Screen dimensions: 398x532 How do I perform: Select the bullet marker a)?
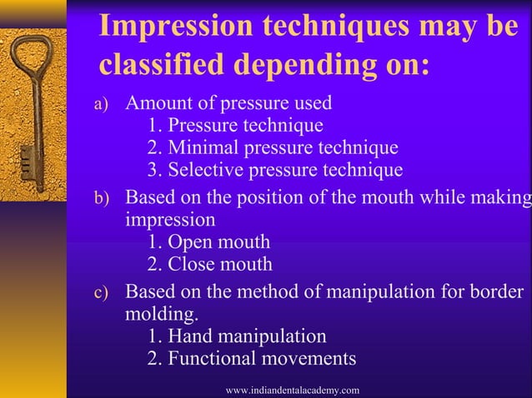[x=99, y=105]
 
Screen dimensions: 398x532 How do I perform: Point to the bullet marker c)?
[x=99, y=293]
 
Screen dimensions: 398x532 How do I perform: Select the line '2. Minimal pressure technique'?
[x=272, y=148]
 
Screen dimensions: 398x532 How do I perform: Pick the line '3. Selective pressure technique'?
[x=274, y=171]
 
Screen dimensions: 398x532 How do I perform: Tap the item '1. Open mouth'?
[x=208, y=242]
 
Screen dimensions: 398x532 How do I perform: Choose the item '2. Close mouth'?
[x=209, y=265]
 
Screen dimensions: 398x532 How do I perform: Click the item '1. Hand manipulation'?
[x=236, y=336]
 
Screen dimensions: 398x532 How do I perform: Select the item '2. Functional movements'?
[x=251, y=359]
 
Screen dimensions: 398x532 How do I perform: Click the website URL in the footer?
[x=293, y=390]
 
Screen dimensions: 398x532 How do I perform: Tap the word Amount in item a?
[x=155, y=103]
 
